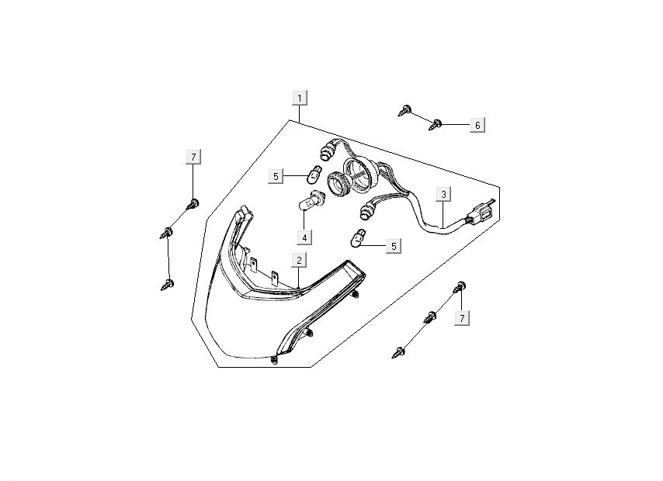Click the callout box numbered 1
(300, 98)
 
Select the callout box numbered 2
(299, 260)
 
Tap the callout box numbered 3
(443, 194)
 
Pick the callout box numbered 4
(305, 237)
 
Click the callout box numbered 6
(477, 125)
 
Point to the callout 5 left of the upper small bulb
(275, 177)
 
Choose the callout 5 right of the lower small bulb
(394, 246)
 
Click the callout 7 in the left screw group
(193, 157)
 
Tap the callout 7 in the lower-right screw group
(462, 318)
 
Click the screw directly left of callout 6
(436, 123)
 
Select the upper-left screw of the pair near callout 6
(404, 110)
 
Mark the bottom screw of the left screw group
(166, 285)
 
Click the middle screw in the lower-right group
(429, 317)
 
